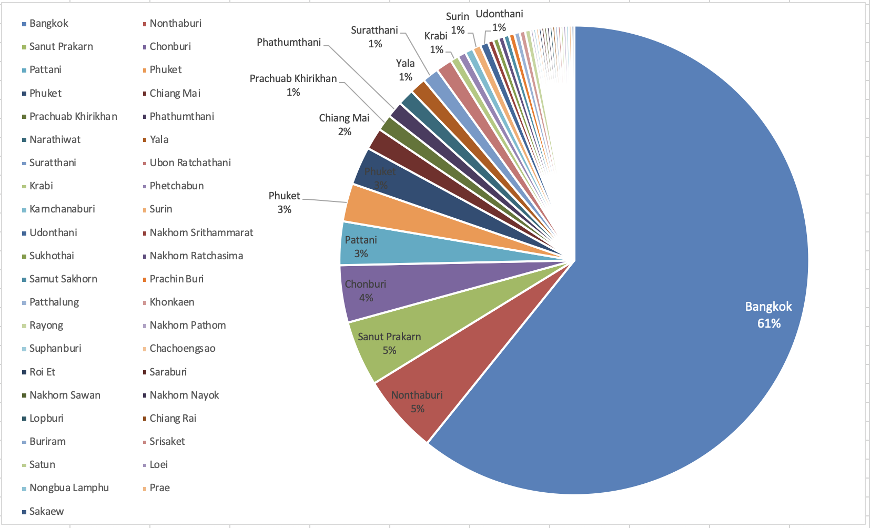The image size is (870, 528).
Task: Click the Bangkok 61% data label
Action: (x=768, y=315)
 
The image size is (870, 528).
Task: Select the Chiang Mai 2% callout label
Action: (x=344, y=125)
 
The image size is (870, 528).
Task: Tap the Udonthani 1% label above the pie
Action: (x=499, y=21)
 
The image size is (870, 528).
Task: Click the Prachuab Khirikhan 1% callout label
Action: (x=293, y=85)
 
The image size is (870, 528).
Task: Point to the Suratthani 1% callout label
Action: (x=375, y=37)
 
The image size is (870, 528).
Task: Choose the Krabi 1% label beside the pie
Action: (x=436, y=43)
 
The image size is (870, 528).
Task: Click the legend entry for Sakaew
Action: (x=46, y=511)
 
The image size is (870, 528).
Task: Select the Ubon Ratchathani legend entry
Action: (x=190, y=163)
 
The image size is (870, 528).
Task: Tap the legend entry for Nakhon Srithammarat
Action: (x=201, y=232)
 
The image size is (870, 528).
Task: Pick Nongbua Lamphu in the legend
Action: (x=69, y=488)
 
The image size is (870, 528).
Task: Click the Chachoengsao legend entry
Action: (x=182, y=348)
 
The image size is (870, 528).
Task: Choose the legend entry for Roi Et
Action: (x=42, y=372)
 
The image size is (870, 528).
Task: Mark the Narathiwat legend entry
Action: (x=55, y=139)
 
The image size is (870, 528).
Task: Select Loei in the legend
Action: (x=158, y=464)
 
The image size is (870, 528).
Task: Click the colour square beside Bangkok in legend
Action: (x=24, y=24)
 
